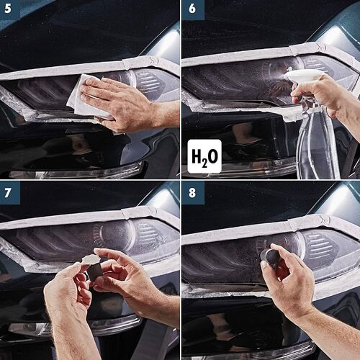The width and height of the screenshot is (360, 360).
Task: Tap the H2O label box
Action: (204, 156)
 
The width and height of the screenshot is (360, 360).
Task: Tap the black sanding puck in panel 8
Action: (271, 257)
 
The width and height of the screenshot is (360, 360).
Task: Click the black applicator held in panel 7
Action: (94, 272)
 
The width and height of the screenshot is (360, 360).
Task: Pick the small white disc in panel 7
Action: (90, 258)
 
